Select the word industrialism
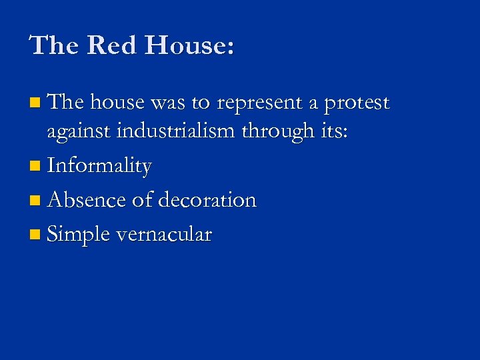pyautogui.click(x=175, y=132)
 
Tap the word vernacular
pyautogui.click(x=164, y=235)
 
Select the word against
pyautogui.click(x=79, y=132)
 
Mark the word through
pyautogui.click(x=275, y=132)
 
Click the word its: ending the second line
pyautogui.click(x=332, y=131)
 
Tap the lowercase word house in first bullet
pyautogui.click(x=118, y=103)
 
